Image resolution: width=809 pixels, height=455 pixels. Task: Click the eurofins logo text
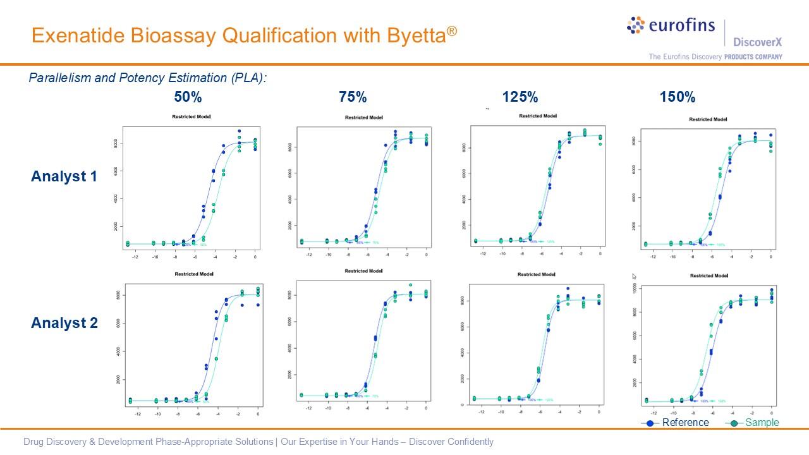point(681,26)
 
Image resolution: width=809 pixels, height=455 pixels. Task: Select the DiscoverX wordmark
point(757,42)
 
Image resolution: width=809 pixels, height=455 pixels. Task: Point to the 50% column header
point(188,97)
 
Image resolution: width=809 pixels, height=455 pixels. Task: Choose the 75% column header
point(353,97)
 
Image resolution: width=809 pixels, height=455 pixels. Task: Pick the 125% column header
point(520,97)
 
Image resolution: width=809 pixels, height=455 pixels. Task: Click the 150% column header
point(678,97)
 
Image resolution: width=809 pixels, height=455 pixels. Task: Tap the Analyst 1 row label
point(64,177)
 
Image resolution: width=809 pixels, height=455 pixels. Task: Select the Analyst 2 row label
point(64,324)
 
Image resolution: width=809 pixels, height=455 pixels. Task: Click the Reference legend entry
point(685,423)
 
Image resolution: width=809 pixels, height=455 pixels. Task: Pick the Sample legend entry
point(762,423)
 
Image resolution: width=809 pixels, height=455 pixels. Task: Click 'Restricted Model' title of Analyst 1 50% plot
point(192,117)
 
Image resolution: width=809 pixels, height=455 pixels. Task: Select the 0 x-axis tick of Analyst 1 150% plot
point(770,257)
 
